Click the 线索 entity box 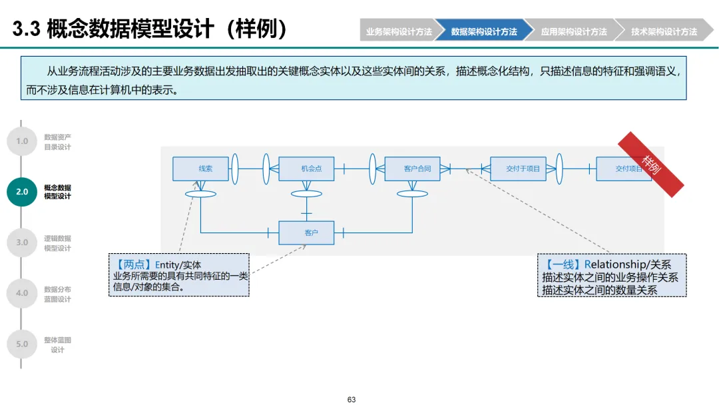200,169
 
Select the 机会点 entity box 306,169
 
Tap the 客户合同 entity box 412,169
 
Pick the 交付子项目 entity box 518,169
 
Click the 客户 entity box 306,232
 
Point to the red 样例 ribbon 650,164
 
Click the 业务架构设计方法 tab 398,31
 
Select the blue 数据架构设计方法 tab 484,31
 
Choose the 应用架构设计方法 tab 574,31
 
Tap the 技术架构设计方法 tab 664,31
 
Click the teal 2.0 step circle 22,192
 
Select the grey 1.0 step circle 22,141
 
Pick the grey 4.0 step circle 22,293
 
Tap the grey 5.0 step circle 22,344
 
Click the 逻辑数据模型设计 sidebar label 57,243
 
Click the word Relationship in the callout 616,265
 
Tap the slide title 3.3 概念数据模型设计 150,29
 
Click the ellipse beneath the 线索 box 200,194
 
